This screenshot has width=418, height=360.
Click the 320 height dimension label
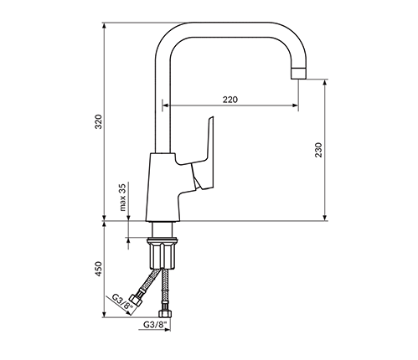pos(99,121)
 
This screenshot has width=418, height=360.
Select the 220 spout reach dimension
pos(230,100)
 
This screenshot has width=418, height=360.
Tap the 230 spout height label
pos(318,150)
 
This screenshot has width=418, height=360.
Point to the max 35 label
pos(122,197)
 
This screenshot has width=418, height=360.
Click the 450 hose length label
pos(99,269)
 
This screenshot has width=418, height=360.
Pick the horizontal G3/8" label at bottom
pos(155,325)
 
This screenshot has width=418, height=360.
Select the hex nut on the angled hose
pos(137,299)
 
